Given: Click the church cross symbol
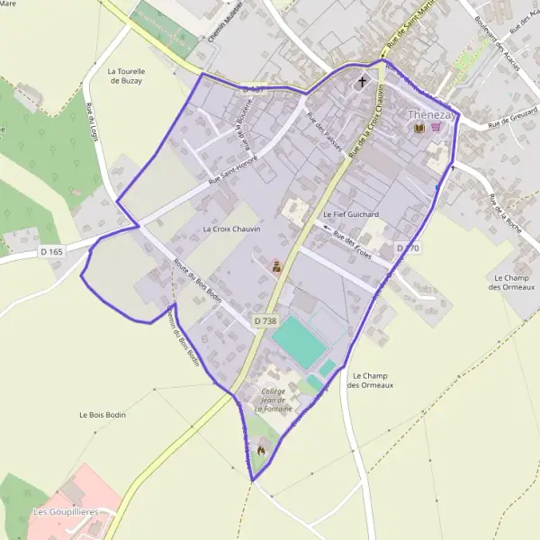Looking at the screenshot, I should pos(363,83).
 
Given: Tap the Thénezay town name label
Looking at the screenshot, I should pos(428,115).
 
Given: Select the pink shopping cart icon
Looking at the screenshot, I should pos(436,129).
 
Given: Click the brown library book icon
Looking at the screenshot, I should pos(418,129).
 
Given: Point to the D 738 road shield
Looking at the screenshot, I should pos(265,320).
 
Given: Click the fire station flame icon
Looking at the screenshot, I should pos(262,448).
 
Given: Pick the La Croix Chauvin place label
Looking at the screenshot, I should pos(231,229).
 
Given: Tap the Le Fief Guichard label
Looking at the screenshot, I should pos(351,214).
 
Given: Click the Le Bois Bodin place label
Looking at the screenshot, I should pos(103,415).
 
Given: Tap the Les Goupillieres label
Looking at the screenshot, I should pos(66,512).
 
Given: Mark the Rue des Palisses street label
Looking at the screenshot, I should pos(324,130).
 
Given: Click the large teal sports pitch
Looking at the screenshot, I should pos(298,341).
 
